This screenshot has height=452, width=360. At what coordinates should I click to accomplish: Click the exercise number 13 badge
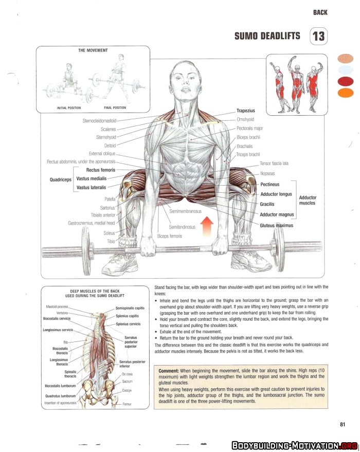coord(318,37)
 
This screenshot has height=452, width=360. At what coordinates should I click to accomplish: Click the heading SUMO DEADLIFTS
coord(267,36)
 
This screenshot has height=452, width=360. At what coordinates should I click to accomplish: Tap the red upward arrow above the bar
coord(207,227)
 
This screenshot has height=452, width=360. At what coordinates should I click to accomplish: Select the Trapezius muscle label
coord(246,111)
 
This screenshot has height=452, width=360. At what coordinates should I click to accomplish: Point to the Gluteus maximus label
coord(276,225)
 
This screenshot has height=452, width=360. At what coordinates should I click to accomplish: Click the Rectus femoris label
coord(101,170)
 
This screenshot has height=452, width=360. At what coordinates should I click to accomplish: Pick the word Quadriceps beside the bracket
coord(61,179)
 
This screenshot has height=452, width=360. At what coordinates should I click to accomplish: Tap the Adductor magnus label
coord(277,214)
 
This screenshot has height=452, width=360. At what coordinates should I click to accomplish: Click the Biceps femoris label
coord(170,236)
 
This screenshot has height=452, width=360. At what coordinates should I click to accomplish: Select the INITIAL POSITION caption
coord(69,108)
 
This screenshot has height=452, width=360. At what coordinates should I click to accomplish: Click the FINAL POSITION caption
coord(115,108)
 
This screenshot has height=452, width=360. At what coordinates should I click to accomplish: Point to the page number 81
coord(343,424)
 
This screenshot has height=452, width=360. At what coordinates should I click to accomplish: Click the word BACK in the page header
coord(320,12)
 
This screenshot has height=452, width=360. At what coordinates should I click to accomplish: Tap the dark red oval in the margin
coord(345,82)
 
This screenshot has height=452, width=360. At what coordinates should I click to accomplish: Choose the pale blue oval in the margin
coord(345,70)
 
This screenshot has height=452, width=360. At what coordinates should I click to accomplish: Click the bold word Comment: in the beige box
coord(169,371)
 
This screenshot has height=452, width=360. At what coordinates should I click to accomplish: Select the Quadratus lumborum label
coord(60,396)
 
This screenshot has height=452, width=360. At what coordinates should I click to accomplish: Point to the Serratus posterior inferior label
coord(132,364)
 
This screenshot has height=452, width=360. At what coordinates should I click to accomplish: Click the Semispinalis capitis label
coord(130,308)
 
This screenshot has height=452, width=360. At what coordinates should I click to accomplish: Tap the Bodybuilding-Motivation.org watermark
coord(295,446)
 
